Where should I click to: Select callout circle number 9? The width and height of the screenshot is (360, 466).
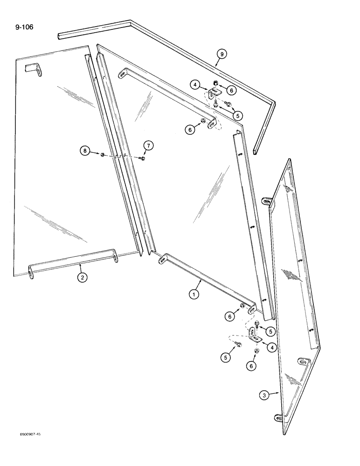coord(222,55)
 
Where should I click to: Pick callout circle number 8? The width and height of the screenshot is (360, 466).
coord(85,150)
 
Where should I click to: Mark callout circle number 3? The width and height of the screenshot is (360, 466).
coord(265,396)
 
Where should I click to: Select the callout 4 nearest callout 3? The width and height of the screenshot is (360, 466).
coord(270,348)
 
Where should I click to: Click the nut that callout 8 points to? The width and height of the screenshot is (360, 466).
coord(102,154)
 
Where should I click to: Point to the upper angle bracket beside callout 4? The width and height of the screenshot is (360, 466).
coord(214,95)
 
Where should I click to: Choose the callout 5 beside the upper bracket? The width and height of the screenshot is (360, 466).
coord(237,115)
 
